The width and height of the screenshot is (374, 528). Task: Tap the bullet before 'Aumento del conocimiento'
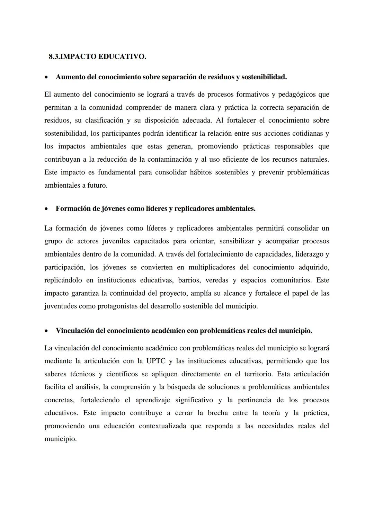[46, 77]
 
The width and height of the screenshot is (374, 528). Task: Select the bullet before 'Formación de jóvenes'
[46, 209]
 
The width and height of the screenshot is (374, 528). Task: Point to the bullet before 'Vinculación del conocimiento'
[46, 331]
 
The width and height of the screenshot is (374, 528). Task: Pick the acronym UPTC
[155, 361]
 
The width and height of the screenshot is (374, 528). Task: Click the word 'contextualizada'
[162, 426]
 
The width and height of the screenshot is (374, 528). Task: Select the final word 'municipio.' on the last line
[60, 439]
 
